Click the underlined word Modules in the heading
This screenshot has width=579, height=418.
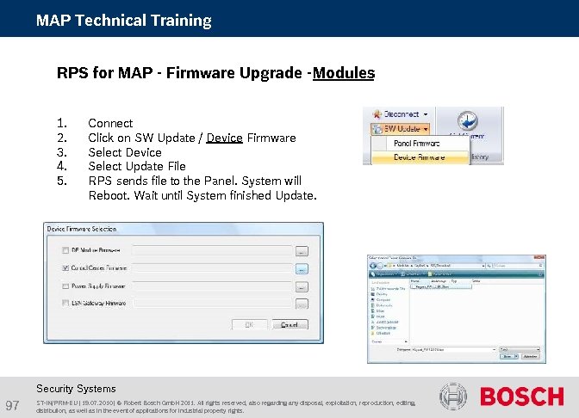[x=343, y=73]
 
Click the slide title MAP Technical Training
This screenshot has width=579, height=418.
[x=123, y=20]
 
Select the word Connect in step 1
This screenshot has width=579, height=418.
[x=110, y=123]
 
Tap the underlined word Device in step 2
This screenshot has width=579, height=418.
[x=224, y=138]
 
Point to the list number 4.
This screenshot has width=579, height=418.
[x=61, y=166]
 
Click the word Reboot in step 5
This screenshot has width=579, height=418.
[x=108, y=196]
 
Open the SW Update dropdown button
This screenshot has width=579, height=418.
[x=402, y=129]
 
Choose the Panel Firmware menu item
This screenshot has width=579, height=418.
[x=416, y=144]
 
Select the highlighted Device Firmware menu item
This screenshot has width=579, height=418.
[x=419, y=157]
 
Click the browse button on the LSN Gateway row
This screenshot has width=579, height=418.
[x=302, y=304]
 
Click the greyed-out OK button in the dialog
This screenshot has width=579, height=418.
[x=249, y=325]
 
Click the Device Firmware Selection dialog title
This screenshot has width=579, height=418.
[x=81, y=230]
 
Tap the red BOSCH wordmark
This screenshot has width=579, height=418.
[x=521, y=397]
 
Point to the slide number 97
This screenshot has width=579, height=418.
[x=13, y=405]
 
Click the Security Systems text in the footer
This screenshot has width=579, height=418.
[x=76, y=389]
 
